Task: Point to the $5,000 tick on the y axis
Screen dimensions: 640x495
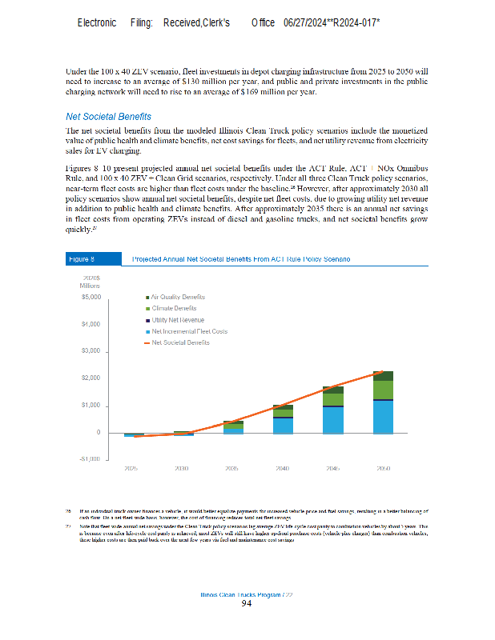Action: (89, 297)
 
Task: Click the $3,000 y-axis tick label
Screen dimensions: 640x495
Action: (89, 351)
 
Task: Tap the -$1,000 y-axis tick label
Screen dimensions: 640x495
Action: (88, 459)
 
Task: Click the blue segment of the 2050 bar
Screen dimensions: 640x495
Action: (384, 417)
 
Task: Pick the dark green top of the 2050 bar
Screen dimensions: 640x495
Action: (384, 375)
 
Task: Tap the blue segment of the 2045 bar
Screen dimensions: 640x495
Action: (333, 420)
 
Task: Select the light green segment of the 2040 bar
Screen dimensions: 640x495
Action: (283, 413)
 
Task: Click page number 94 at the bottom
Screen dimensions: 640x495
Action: (247, 603)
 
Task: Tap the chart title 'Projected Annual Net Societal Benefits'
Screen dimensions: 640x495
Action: (240, 259)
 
